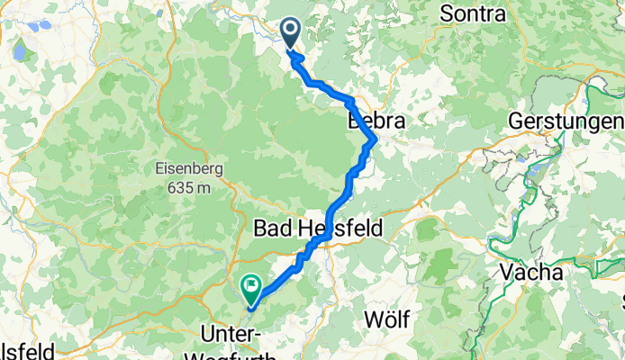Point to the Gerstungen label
[x=566, y=121]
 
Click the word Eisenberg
[x=188, y=168]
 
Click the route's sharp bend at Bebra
[x=374, y=139]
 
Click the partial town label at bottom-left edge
[x=27, y=350]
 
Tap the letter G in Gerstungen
[x=515, y=121]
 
